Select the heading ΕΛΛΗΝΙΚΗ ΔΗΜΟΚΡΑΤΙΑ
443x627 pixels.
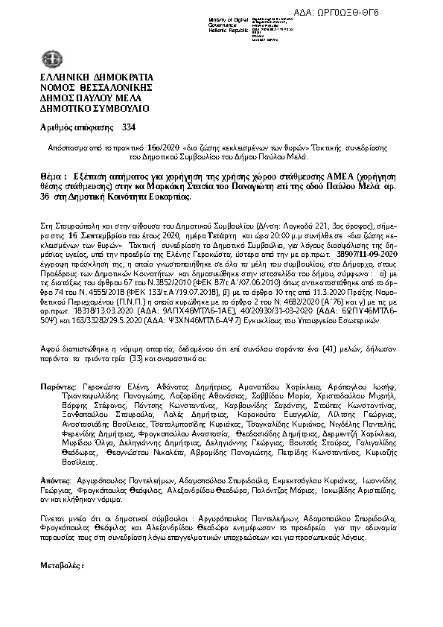(x=96, y=77)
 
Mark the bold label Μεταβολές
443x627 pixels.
(x=62, y=566)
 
